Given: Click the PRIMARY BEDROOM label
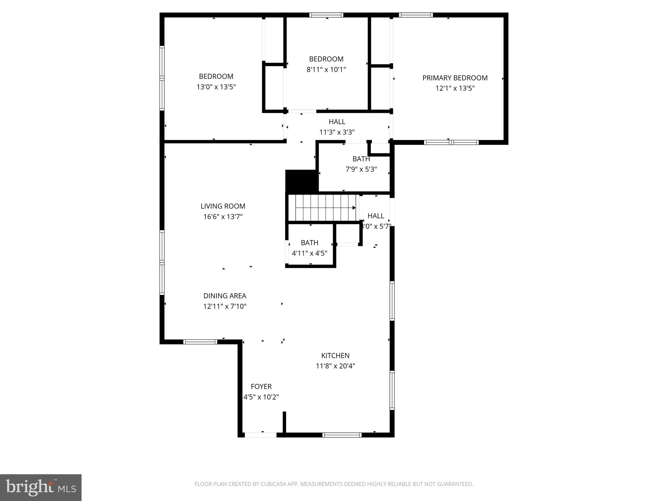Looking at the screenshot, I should point(455,78).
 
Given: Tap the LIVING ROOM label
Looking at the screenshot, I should point(223,206).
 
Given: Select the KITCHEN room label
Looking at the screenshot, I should point(335,356).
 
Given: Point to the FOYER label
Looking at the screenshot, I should point(261,387).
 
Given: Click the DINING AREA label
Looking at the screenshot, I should point(225,296).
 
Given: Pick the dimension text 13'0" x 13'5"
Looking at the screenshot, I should point(216,87).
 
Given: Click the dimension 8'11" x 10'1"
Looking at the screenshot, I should point(326,69).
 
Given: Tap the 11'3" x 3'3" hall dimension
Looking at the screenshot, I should point(337,132).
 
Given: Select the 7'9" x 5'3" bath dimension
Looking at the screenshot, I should point(361,169).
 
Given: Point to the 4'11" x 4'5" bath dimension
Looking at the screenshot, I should point(309,253).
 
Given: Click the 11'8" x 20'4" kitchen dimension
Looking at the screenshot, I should point(335,366).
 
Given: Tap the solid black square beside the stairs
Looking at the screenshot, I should point(301,181).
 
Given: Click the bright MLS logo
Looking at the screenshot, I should point(41,488).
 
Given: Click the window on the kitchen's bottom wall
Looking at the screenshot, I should point(342,435).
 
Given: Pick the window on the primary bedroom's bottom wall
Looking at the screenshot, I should point(451,142).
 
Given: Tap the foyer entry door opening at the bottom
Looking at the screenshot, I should point(261,435).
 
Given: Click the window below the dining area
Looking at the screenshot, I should point(200,342).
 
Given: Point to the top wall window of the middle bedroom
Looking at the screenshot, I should point(326,15).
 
